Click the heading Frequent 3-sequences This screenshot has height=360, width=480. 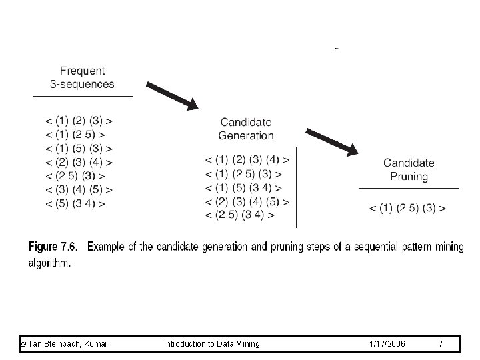pos(82,77)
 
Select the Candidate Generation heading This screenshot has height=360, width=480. pos(246,129)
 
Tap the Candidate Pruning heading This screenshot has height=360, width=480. pos(409,169)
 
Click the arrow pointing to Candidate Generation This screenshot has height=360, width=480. pos(172,95)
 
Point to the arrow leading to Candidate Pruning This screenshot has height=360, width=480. pos(332,141)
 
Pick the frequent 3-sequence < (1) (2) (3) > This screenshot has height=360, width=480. pos(79,121)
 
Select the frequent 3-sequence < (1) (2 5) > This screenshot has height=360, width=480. pos(75,135)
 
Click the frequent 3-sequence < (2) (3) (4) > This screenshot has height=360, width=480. pos(79,162)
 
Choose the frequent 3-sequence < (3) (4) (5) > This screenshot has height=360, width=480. pos(79,189)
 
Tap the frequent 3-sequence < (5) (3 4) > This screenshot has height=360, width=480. pos(75,203)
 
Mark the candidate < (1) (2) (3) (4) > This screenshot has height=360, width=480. pos(247,160)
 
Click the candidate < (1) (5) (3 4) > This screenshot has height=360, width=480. pos(243,188)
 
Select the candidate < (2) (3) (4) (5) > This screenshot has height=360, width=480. pos(247,201)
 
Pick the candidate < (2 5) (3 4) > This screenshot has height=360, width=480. pos(240,215)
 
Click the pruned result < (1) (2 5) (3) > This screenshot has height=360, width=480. pos(407,208)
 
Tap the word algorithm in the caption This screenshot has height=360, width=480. pos(49,263)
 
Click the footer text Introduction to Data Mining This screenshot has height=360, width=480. pos(212,343)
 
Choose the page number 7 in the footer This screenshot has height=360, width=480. pos(441,343)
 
